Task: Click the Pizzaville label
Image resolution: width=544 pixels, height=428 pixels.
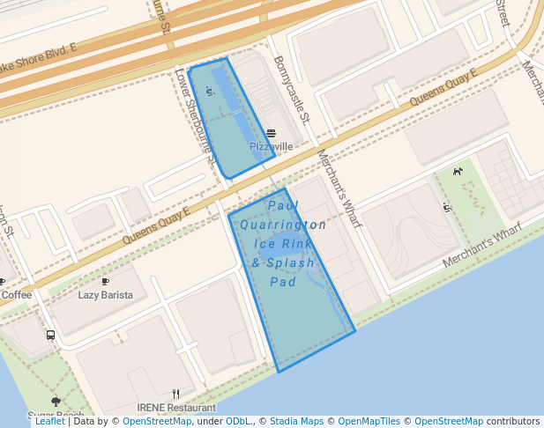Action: coord(271,147)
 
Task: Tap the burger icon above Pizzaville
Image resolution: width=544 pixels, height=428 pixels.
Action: coord(271,133)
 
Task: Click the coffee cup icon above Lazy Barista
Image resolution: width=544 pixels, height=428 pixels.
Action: coord(106,282)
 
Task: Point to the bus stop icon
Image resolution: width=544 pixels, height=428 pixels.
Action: coord(50,336)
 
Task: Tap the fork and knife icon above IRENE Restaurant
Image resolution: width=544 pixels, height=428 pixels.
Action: coord(176,394)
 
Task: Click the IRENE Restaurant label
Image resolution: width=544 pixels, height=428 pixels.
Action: coord(176,408)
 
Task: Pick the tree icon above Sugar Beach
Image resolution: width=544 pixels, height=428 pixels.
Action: coord(56,402)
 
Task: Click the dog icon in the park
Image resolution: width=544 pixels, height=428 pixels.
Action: coord(458,171)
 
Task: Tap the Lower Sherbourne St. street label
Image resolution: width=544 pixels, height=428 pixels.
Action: coord(195,118)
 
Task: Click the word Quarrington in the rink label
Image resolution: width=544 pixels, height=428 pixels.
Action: coord(282,225)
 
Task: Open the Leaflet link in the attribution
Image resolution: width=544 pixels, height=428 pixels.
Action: coord(50,422)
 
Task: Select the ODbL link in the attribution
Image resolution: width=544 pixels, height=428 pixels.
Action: coord(239,422)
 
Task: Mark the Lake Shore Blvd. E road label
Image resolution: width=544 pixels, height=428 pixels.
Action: coord(40,58)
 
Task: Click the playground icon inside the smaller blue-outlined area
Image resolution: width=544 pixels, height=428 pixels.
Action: coord(209,90)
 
